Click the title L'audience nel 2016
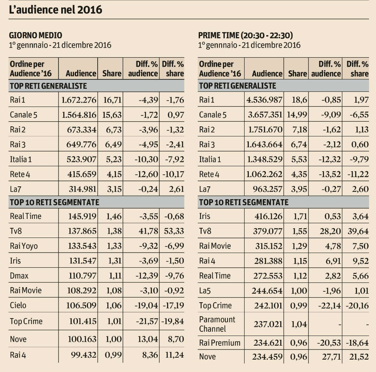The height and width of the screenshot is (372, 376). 56,9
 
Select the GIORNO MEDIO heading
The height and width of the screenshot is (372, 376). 35,35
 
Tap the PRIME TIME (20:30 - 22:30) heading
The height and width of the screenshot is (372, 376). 245,35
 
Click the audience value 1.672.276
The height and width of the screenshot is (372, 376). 79,100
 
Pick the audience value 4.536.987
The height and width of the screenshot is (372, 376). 265,100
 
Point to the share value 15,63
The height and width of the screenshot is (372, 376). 112,115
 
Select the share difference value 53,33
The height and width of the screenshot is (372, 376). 172,231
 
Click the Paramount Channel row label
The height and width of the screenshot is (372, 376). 217,324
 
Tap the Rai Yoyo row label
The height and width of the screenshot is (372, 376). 24,246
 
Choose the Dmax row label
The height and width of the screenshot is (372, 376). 19,276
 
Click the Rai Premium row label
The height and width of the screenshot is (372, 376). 219,343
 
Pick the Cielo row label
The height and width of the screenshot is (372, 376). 19,306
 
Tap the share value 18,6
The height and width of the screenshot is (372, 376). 300,100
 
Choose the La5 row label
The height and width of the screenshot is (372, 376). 206,291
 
